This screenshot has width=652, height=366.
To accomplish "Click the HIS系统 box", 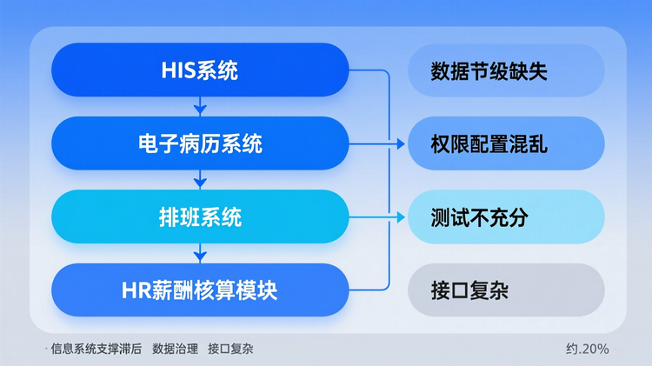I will click(200, 70).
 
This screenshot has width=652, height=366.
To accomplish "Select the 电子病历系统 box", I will click(200, 143).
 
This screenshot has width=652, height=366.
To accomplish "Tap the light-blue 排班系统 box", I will click(200, 216).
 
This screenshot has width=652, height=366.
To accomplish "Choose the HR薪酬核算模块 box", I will click(200, 289).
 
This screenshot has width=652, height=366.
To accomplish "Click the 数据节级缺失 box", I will click(506, 70).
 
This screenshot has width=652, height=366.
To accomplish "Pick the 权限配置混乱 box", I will click(506, 143).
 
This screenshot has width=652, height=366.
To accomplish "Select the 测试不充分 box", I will click(506, 216).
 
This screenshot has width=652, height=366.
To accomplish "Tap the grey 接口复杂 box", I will click(506, 289).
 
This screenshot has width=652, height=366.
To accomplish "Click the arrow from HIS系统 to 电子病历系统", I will click(200, 107).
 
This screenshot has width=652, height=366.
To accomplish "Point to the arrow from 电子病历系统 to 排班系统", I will click(200, 180).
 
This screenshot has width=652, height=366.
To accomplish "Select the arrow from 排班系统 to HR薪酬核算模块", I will click(200, 253).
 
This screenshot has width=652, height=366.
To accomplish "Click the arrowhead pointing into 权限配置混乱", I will click(401, 143).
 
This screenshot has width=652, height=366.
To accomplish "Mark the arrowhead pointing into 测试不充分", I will click(401, 216).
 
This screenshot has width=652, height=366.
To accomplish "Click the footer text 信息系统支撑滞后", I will click(96, 349).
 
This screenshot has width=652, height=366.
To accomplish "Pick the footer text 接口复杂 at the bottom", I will click(230, 349).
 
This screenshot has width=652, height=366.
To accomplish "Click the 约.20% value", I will click(588, 349).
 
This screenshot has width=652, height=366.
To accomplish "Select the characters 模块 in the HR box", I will click(257, 289).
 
